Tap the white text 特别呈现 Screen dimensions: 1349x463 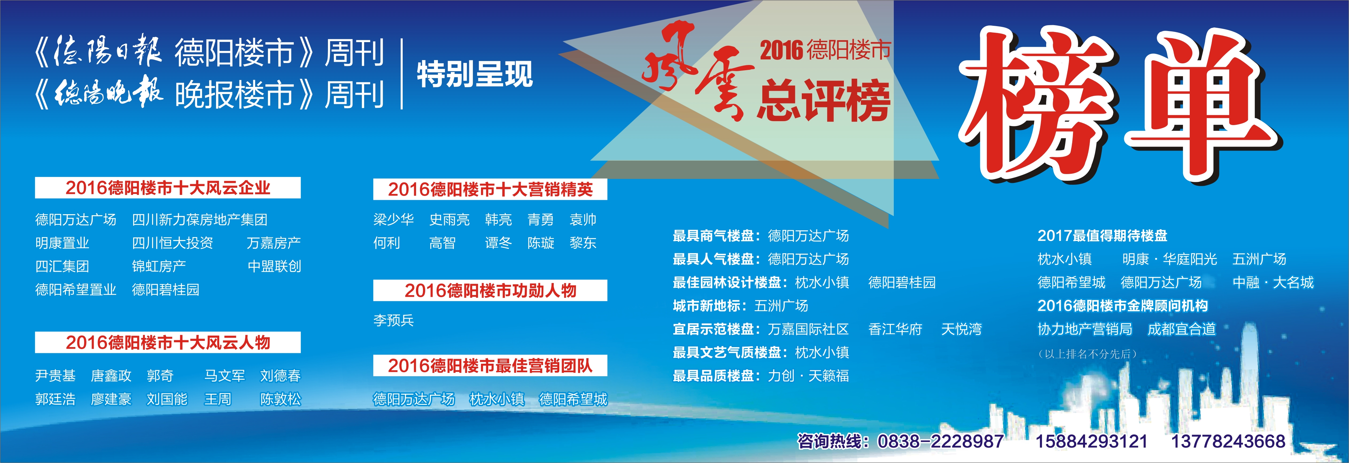click(474, 74)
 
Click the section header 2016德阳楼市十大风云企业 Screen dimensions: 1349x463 click(168, 187)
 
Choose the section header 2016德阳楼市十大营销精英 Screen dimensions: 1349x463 click(490, 189)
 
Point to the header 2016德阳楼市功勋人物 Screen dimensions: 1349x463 click(490, 290)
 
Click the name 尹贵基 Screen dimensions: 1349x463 click(55, 375)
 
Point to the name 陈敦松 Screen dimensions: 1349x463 click(281, 399)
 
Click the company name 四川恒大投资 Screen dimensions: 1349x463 click(173, 243)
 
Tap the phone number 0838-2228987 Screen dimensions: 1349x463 click(940, 441)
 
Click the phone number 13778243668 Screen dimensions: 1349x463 click(1228, 441)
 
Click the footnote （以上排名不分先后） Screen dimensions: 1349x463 click(1087, 354)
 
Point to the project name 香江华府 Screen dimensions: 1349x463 click(895, 329)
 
